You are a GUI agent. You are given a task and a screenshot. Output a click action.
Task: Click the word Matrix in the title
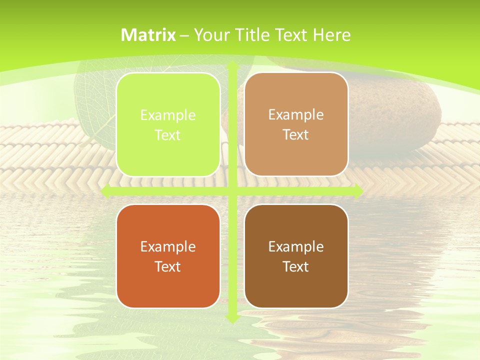pyautogui.click(x=148, y=35)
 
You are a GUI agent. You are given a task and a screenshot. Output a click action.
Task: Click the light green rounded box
pyautogui.click(x=168, y=124)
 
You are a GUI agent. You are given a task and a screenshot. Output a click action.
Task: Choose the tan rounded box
pyautogui.click(x=296, y=124)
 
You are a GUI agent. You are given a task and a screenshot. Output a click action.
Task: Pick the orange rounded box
pyautogui.click(x=168, y=256)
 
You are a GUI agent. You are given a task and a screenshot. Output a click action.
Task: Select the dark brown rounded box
pyautogui.click(x=296, y=256)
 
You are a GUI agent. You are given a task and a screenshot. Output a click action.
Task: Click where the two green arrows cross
pyautogui.click(x=232, y=191)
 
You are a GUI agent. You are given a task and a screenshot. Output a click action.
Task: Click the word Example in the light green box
pyautogui.click(x=168, y=115)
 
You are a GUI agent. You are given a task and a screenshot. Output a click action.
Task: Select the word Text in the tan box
pyautogui.click(x=296, y=135)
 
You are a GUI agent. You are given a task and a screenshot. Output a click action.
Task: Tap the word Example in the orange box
pyautogui.click(x=168, y=246)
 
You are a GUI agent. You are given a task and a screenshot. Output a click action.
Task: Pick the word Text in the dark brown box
pyautogui.click(x=296, y=266)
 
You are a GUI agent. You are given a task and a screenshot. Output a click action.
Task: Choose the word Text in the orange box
pyautogui.click(x=168, y=266)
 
